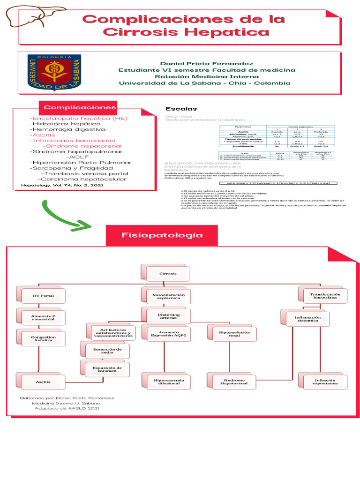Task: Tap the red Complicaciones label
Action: point(80,107)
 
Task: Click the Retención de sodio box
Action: point(107,352)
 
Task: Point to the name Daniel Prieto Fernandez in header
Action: point(207,63)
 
